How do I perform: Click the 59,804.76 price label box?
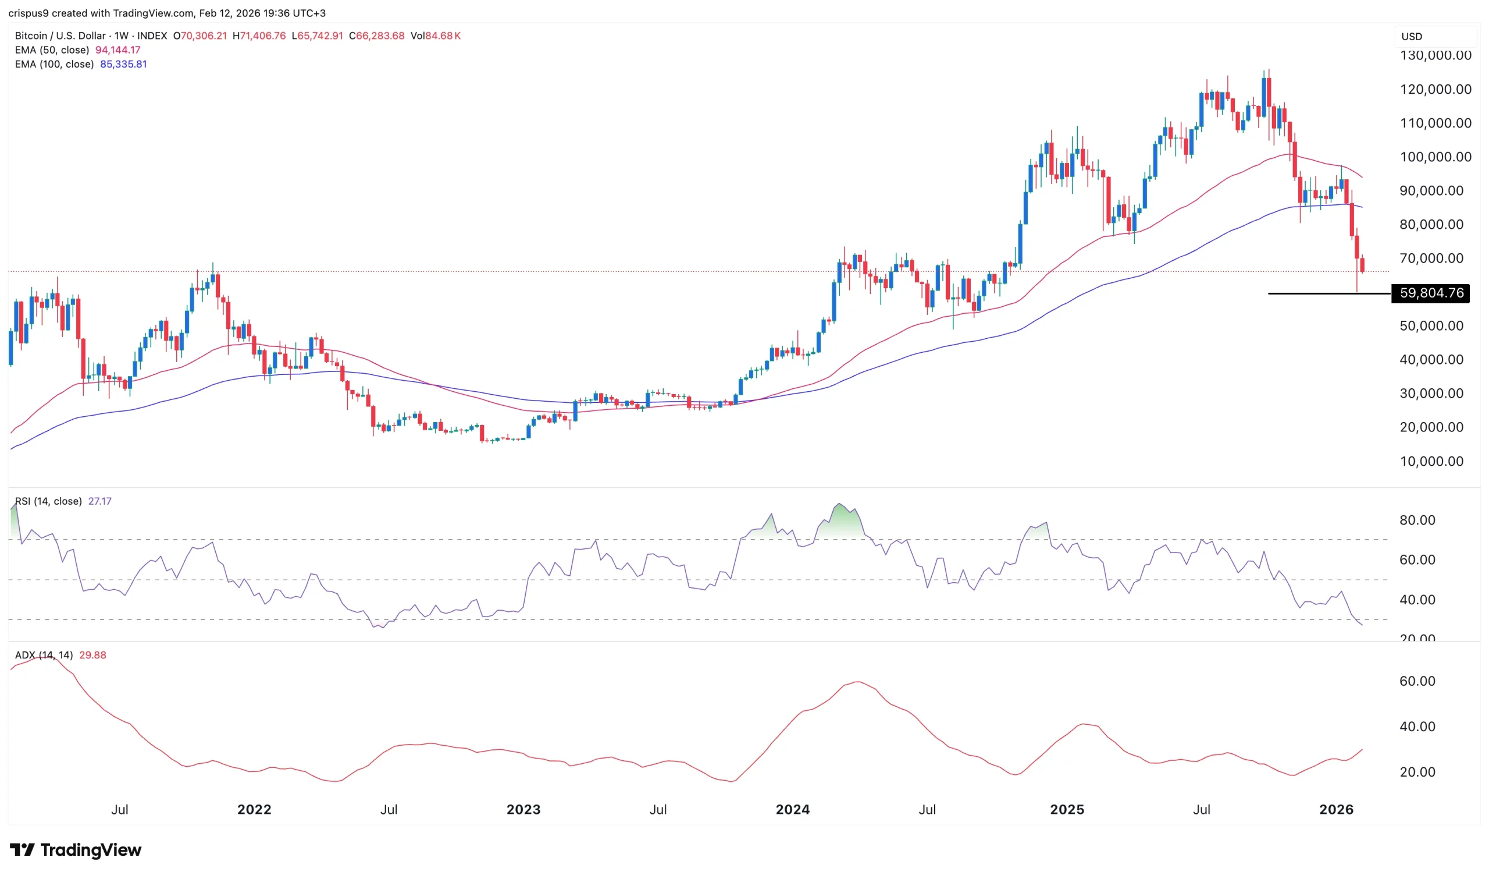point(1431,293)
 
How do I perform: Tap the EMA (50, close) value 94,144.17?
point(117,50)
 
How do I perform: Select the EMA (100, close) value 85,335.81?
point(123,65)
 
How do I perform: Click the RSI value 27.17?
point(99,501)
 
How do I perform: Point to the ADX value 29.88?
point(92,655)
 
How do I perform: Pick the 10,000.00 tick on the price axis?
point(1431,461)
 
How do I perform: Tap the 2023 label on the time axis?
point(523,809)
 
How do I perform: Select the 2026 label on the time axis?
point(1336,809)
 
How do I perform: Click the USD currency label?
point(1412,37)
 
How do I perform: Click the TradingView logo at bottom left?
point(76,850)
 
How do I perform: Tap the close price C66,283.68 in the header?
point(376,36)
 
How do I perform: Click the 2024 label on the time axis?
point(792,809)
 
